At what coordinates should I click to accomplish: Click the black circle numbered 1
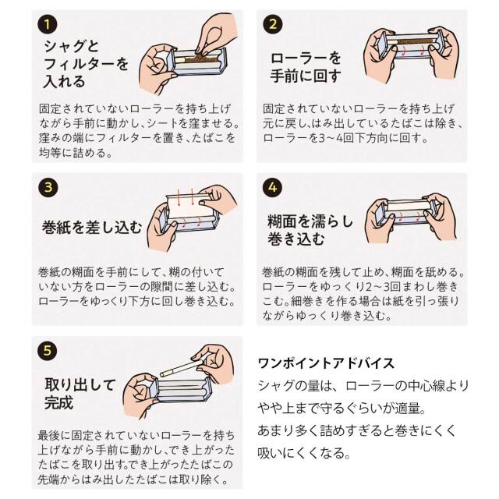(47, 24)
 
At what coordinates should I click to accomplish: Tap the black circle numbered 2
(273, 24)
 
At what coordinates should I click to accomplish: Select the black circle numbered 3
(48, 187)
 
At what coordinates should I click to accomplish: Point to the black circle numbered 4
(273, 187)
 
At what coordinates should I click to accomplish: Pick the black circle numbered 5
(47, 351)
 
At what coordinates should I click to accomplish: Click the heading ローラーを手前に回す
(306, 67)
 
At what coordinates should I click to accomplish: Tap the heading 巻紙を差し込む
(92, 227)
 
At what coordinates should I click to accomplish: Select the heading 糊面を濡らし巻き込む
(310, 230)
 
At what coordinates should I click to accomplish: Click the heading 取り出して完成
(80, 393)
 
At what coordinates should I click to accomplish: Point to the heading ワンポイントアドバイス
(326, 363)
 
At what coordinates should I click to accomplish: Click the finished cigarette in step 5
(181, 368)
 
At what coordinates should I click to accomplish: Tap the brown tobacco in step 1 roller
(199, 58)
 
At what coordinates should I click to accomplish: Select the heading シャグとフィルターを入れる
(86, 64)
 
